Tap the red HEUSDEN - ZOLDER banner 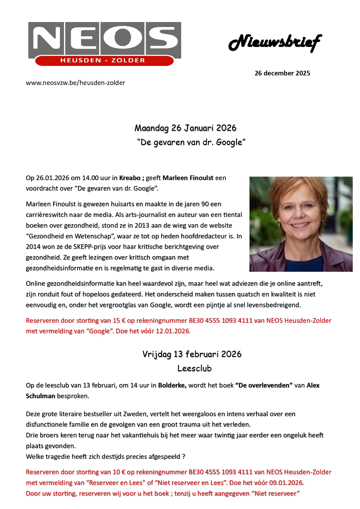[x=103, y=61]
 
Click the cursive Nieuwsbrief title [x=275, y=43]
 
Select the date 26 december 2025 [x=282, y=73]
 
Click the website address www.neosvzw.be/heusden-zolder [x=75, y=83]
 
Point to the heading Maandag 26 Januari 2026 [x=185, y=128]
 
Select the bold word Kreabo [x=130, y=178]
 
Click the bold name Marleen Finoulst [x=188, y=178]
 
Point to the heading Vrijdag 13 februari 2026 [x=192, y=354]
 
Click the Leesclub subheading [x=194, y=368]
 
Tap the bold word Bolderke [x=172, y=385]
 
